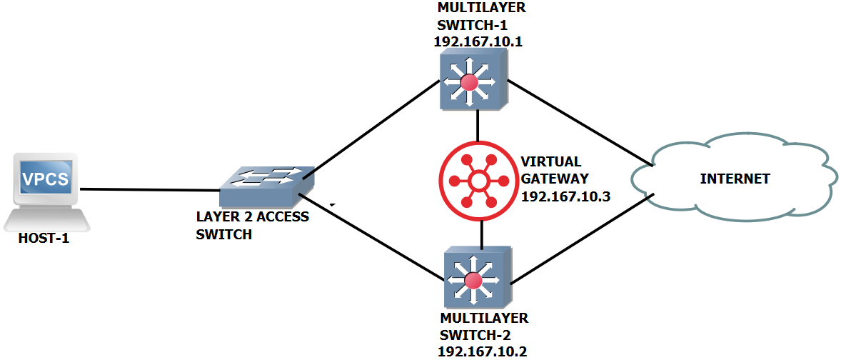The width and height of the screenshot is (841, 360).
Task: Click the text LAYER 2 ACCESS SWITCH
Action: [x=252, y=225]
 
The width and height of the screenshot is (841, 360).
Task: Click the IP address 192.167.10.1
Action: [x=478, y=41]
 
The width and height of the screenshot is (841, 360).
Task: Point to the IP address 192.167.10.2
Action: [x=482, y=350]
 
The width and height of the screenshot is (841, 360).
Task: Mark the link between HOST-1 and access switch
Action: [x=150, y=190]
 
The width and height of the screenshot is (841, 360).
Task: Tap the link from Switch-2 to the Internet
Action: [x=578, y=241]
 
